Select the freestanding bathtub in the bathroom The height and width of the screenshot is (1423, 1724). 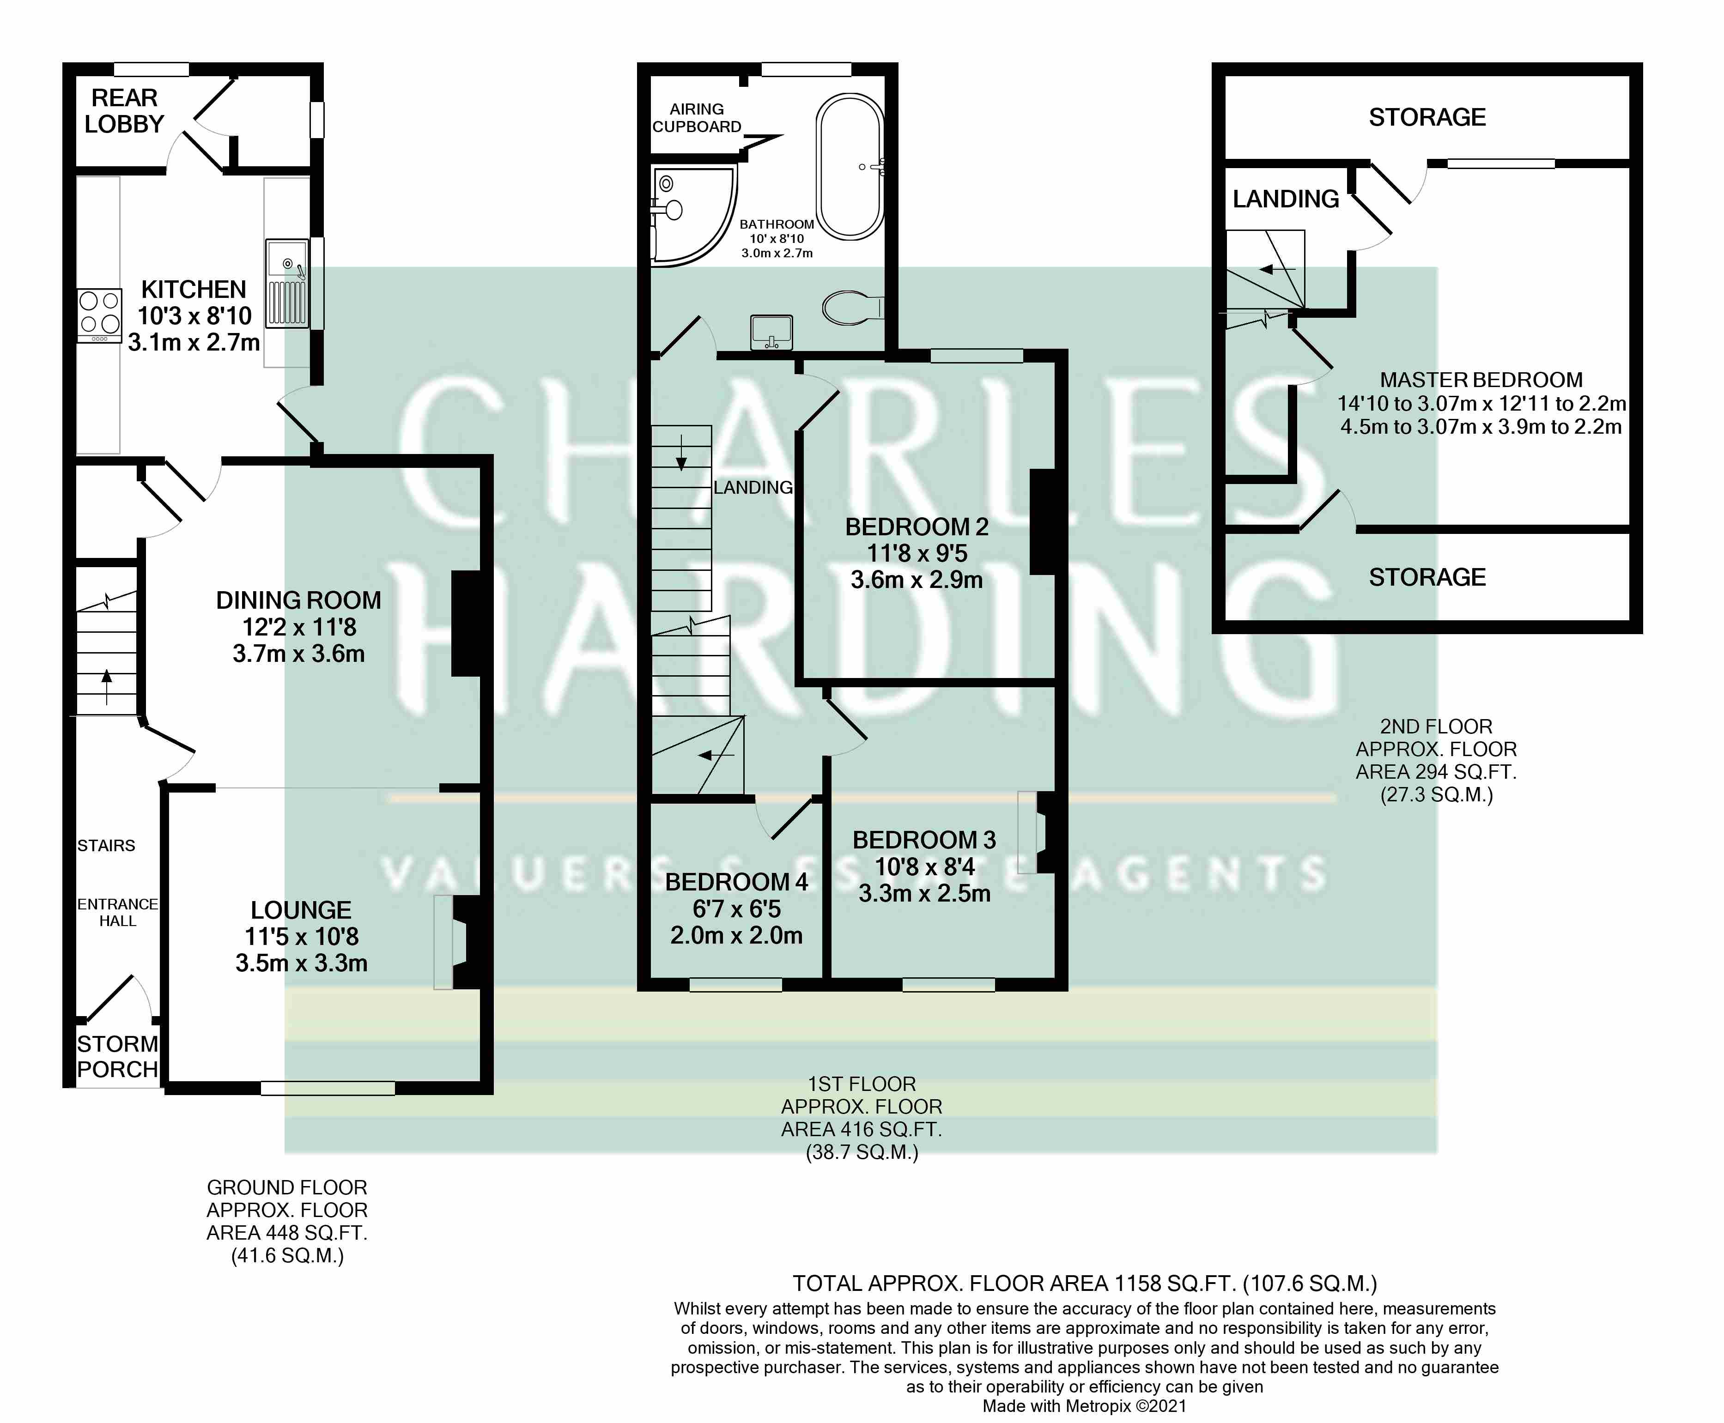click(x=850, y=167)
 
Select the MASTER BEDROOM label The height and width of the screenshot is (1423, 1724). click(x=1481, y=380)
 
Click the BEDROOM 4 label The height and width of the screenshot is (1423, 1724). click(x=736, y=882)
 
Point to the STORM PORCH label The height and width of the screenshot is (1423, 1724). click(x=117, y=1057)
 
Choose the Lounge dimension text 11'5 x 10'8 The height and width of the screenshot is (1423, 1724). click(x=302, y=936)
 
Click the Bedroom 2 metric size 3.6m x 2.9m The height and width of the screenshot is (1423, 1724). click(x=917, y=580)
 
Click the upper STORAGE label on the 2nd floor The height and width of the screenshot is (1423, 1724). click(x=1427, y=117)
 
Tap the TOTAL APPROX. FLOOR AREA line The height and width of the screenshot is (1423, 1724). click(x=1085, y=1283)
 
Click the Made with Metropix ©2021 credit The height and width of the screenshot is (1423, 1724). click(x=1085, y=1406)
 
